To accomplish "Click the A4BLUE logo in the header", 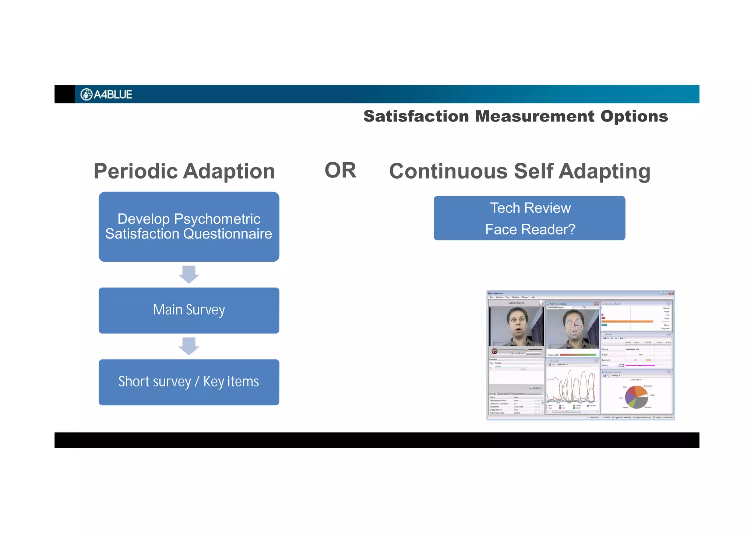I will (106, 95).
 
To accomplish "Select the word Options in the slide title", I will (634, 117).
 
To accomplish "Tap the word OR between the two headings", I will (340, 170).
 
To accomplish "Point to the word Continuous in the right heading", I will (448, 172).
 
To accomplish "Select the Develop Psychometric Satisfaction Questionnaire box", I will (189, 226).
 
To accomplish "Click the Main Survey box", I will (189, 310).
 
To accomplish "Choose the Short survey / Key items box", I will (189, 382).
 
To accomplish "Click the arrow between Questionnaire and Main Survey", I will (189, 274).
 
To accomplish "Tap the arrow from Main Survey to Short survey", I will (189, 346).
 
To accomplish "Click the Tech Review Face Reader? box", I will (529, 218).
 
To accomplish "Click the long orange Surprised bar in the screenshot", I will (627, 321).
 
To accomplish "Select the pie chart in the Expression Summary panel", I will (636, 397).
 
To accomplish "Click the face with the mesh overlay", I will (574, 325).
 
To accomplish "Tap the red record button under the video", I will (495, 352).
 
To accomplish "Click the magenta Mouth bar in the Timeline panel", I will (640, 365).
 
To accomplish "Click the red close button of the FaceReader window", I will (671, 293).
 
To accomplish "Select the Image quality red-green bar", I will (579, 355).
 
